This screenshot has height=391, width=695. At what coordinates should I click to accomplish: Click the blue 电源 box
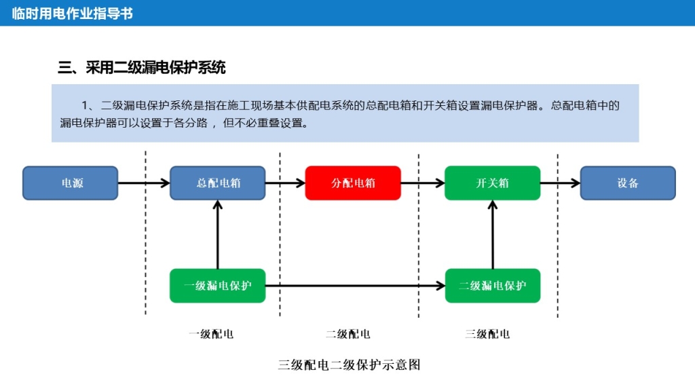(71, 183)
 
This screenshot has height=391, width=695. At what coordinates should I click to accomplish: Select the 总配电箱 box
(217, 183)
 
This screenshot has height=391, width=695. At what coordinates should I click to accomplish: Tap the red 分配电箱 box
(353, 183)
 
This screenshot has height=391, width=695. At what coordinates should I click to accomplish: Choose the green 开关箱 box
(492, 183)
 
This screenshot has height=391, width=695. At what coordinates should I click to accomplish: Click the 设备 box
(628, 183)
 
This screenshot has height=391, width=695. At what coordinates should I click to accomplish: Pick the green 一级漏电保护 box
(217, 286)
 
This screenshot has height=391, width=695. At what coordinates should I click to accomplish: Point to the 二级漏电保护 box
(492, 286)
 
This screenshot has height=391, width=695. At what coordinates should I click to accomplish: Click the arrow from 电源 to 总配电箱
(143, 183)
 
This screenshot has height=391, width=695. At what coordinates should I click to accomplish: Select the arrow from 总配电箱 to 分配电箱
(284, 183)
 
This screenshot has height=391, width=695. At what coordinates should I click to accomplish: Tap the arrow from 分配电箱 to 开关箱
(422, 183)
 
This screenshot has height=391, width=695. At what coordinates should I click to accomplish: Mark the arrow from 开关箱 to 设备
(560, 183)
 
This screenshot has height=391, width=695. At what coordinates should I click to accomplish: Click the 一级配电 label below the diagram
(211, 334)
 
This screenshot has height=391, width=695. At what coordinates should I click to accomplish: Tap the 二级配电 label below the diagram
(348, 334)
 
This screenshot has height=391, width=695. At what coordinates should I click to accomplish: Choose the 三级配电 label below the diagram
(487, 334)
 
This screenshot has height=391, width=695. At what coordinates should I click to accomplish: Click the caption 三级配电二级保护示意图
(350, 365)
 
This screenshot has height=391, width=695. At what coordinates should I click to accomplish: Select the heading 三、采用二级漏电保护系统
(142, 67)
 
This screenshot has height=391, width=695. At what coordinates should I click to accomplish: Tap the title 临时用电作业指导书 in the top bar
(73, 14)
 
